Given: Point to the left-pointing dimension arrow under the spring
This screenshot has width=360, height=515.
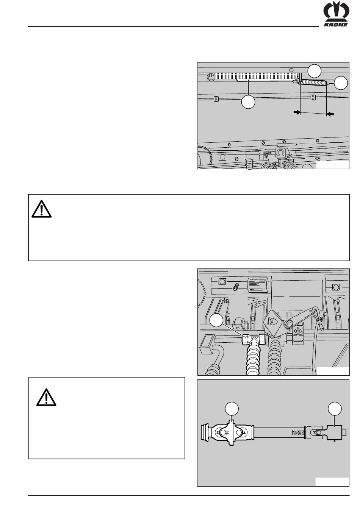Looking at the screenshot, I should point(331,113).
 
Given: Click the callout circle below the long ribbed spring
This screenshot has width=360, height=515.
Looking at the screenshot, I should point(249,102).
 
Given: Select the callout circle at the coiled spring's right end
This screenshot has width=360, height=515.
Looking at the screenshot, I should point(341,83).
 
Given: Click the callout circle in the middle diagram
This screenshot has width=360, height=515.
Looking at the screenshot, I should point(216,320).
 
